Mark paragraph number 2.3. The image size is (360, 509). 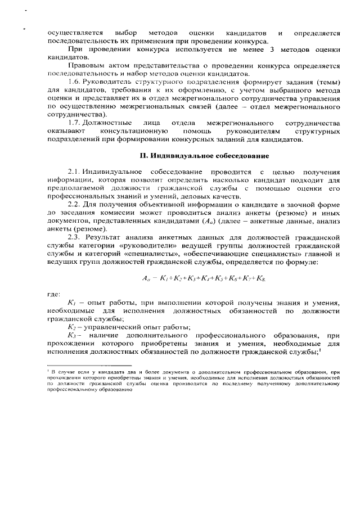(x=75, y=237)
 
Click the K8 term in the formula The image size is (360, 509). (x=262, y=278)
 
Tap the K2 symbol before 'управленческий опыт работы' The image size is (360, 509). (x=71, y=327)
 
